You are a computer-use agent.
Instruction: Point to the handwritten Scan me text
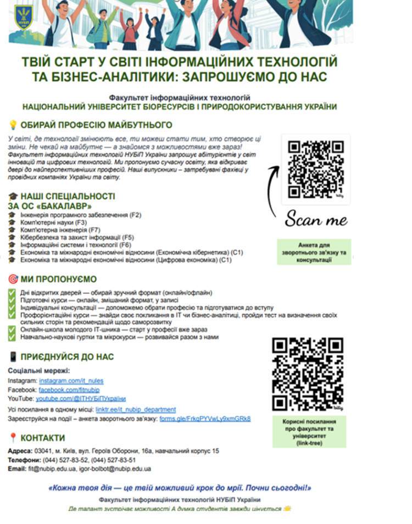coord(316,220)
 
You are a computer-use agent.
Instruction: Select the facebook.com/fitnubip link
coord(69,389)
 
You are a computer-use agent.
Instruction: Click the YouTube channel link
coord(81,398)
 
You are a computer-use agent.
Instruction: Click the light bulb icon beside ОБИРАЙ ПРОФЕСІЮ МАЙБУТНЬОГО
coord(13,125)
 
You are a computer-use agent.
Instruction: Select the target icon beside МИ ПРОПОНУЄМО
coord(13,279)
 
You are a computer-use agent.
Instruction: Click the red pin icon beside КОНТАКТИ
coord(13,438)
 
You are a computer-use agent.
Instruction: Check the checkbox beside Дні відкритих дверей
coord(12,293)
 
